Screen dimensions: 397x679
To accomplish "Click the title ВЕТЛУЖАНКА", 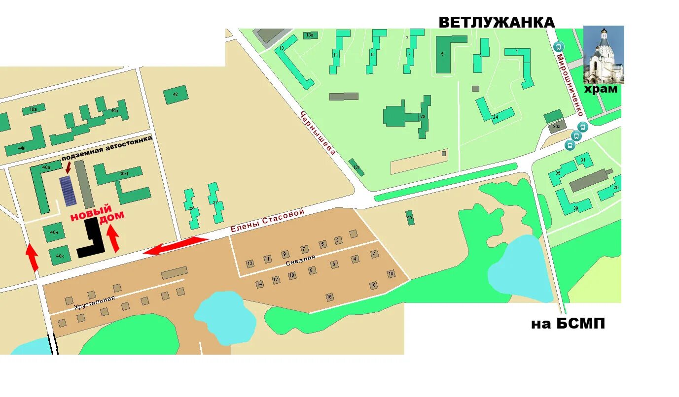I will (x=497, y=23).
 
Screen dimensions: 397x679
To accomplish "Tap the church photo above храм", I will (x=604, y=55).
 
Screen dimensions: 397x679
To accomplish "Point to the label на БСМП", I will (x=568, y=324).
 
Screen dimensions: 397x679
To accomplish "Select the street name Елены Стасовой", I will (x=267, y=221).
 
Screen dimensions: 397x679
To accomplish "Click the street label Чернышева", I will (x=318, y=132).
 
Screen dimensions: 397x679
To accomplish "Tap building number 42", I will (x=176, y=95).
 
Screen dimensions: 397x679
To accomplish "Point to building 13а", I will (x=310, y=35).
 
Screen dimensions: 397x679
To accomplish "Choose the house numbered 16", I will (x=329, y=297).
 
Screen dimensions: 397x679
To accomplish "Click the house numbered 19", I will (x=391, y=274).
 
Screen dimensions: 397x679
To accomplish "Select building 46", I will (x=410, y=217).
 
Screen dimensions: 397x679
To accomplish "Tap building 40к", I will (x=59, y=256).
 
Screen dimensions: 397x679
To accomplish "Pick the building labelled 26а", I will (x=556, y=127).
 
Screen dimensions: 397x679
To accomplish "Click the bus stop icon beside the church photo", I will (x=559, y=47).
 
